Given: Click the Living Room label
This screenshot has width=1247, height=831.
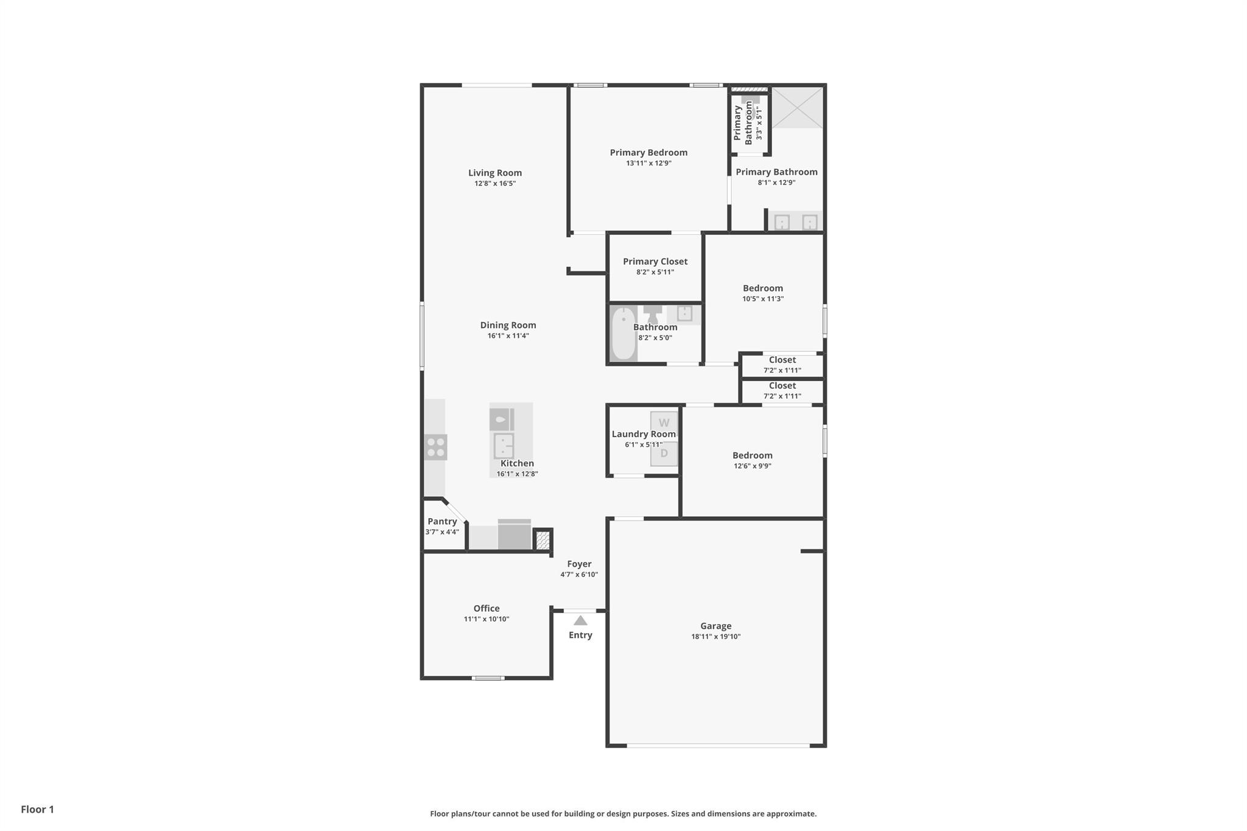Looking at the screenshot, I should tap(494, 173).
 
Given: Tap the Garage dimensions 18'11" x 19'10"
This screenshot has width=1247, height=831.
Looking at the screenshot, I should tap(715, 637).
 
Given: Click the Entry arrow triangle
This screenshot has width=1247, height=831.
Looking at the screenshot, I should tap(580, 621).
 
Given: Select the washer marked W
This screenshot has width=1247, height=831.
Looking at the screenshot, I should tap(664, 423).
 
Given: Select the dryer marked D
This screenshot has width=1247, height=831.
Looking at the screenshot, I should tap(664, 454).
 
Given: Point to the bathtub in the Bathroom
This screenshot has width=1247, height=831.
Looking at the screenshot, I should tap(622, 334).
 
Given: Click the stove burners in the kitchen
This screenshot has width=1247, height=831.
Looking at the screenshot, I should tap(436, 447).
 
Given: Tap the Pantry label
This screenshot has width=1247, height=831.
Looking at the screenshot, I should tap(442, 521).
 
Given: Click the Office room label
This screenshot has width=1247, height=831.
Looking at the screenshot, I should tap(487, 608).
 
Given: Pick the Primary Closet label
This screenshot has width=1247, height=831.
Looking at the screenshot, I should tap(655, 261).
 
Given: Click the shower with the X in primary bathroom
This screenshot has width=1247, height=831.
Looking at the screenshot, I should tap(797, 107).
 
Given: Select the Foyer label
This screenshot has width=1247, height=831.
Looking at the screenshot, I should tap(579, 564).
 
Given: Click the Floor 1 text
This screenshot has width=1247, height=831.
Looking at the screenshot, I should tap(37, 809).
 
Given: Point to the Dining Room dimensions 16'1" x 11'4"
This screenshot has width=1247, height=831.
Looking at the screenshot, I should tap(508, 336).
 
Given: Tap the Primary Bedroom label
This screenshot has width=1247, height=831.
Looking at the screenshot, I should tap(648, 152).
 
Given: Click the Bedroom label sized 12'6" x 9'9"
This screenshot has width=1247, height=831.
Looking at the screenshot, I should tap(752, 455).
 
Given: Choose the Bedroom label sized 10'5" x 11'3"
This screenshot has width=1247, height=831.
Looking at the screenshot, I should tap(762, 288).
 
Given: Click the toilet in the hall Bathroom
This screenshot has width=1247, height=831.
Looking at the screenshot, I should tap(653, 313).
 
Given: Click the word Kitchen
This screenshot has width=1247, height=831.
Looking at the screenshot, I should tap(517, 463).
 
